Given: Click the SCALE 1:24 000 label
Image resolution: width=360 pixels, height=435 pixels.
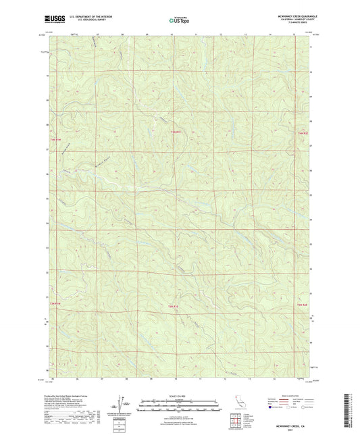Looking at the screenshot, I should tap(180, 396).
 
